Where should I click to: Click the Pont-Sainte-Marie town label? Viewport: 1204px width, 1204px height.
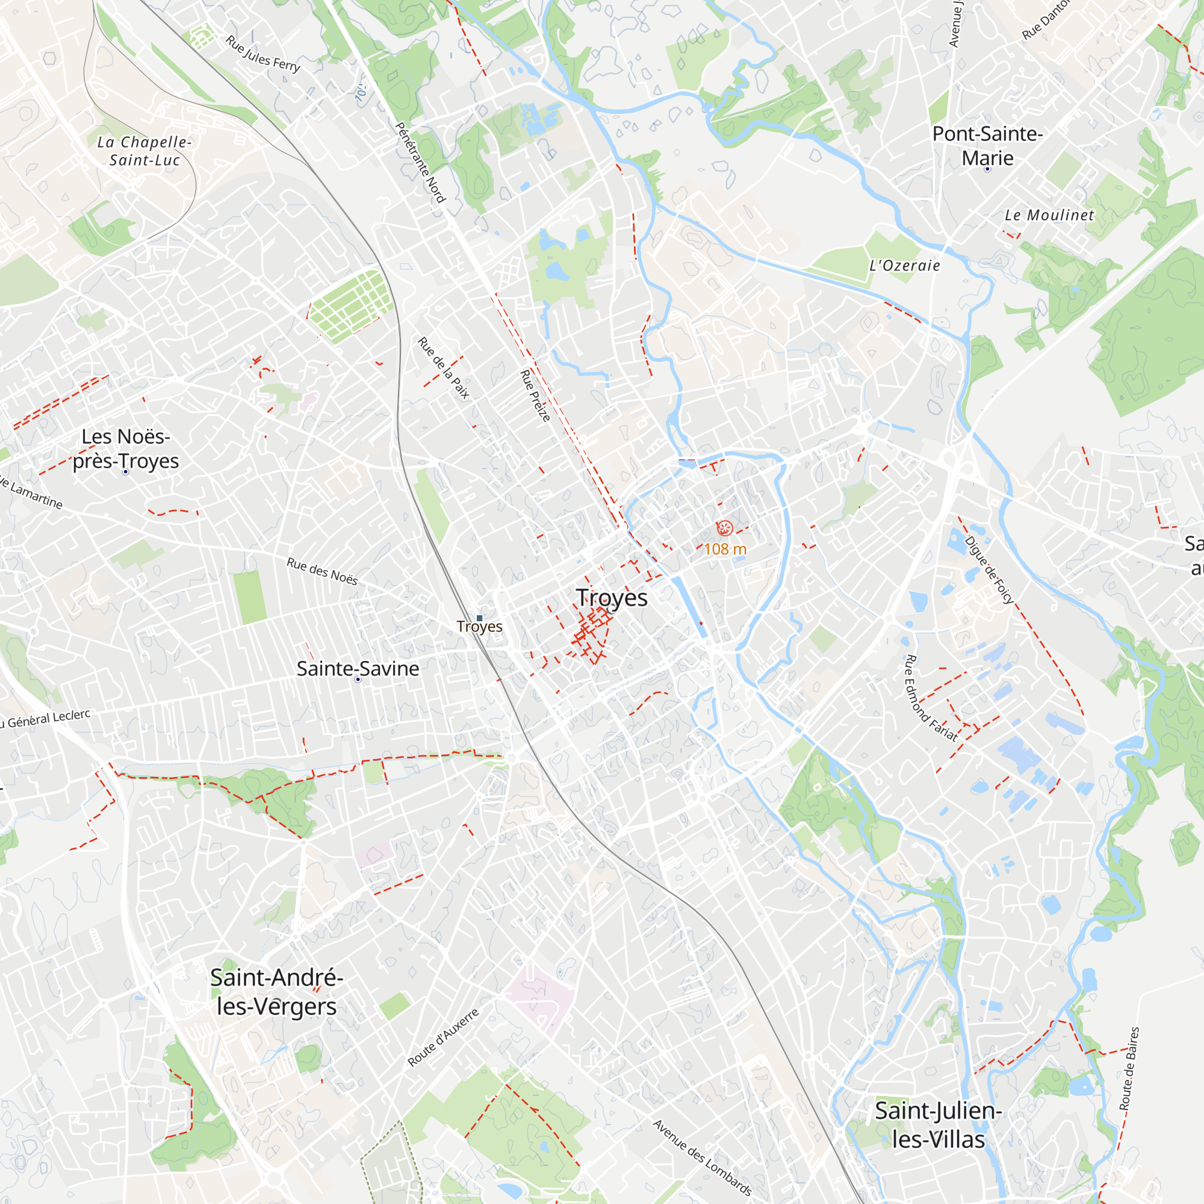[x=987, y=146]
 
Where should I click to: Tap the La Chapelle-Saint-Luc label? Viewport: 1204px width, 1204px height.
[x=144, y=152]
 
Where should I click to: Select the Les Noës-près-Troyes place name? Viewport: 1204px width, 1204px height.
[x=126, y=448]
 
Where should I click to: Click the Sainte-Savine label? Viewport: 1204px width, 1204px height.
[x=358, y=669]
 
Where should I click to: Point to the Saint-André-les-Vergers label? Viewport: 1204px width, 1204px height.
[x=277, y=992]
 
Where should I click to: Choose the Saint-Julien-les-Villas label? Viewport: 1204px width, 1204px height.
[x=938, y=1125]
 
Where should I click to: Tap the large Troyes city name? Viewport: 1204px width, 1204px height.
[x=612, y=598]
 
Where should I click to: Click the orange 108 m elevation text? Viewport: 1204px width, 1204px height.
[x=725, y=549]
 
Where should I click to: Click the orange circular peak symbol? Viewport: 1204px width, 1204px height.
[x=725, y=529]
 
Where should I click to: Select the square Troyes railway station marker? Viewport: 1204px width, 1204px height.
[x=479, y=618]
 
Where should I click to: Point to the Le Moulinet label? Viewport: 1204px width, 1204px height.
[x=1049, y=216]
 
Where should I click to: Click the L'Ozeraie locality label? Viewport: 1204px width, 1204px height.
[x=905, y=266]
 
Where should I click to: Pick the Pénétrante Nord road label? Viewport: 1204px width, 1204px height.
[x=421, y=163]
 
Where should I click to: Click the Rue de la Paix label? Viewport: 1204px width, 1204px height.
[x=444, y=368]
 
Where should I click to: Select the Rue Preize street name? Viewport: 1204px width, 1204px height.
[x=535, y=395]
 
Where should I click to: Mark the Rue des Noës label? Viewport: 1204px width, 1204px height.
[x=322, y=571]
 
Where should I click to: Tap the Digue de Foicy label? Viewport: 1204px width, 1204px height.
[x=989, y=569]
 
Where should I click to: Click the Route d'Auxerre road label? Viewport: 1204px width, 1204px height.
[x=444, y=1038]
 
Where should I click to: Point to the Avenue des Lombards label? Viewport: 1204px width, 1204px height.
[x=703, y=1158]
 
